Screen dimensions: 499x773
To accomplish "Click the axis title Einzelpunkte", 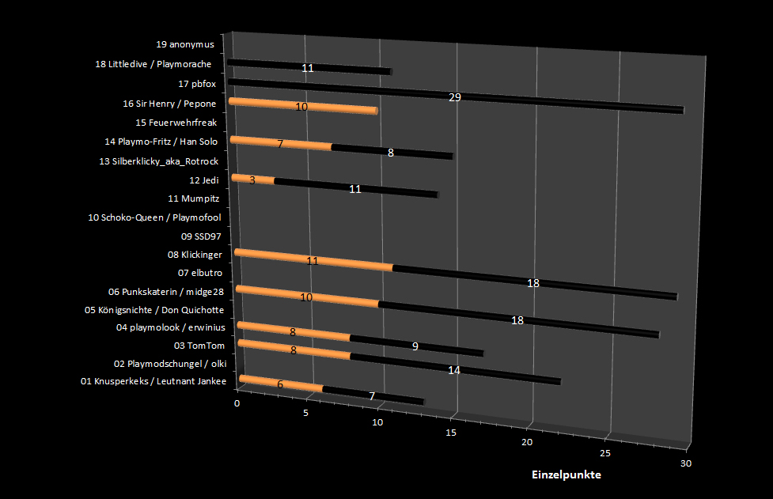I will point(566,475).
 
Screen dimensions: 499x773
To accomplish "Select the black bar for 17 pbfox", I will point(554,101).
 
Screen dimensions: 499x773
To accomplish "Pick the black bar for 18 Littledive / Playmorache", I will point(348,69).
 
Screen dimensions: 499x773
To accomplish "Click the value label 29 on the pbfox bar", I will point(454,97).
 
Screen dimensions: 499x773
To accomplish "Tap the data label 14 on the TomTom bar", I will point(453,369).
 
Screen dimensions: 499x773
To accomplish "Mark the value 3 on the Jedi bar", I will point(252,180).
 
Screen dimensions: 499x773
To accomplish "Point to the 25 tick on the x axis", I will point(605,453).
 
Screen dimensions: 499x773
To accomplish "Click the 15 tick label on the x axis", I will point(451,433).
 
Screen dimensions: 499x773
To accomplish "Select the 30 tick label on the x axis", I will point(685,463).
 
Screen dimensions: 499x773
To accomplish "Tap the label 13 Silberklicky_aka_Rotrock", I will point(158,161).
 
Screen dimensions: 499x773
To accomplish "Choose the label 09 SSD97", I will point(202,236).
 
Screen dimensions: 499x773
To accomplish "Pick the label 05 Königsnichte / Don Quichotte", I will point(153,309).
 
